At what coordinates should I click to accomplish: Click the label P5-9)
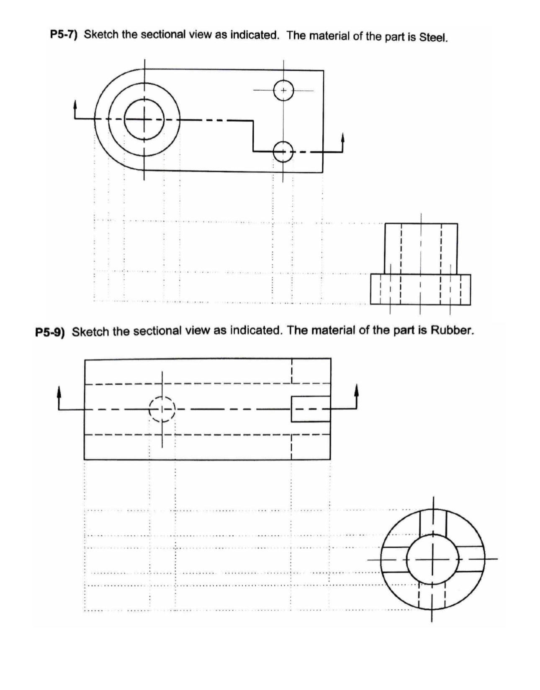[x=50, y=332]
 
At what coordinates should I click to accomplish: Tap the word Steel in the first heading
[x=433, y=38]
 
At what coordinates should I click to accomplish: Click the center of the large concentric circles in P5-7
[x=144, y=120]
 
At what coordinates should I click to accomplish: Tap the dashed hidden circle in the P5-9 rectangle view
[x=162, y=409]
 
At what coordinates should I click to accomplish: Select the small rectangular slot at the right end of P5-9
[x=310, y=409]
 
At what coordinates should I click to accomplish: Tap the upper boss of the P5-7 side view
[x=421, y=248]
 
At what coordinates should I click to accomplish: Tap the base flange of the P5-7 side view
[x=420, y=289]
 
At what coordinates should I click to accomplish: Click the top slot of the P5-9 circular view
[x=433, y=521]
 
